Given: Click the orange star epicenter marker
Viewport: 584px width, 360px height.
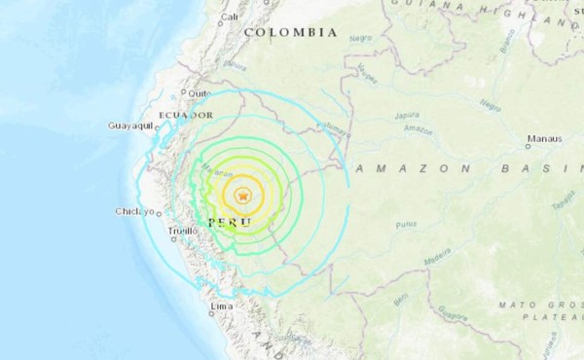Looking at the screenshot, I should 244,196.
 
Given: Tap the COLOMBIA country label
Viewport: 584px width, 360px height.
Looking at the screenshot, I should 291,32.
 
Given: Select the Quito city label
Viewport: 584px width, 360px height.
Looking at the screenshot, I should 201,93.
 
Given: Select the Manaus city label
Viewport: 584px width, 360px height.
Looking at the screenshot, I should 545,139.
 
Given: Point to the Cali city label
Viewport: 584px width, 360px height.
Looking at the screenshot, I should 230,17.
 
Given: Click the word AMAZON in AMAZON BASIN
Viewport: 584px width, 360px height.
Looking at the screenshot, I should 403,168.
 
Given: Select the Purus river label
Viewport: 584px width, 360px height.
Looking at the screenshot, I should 406,226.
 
